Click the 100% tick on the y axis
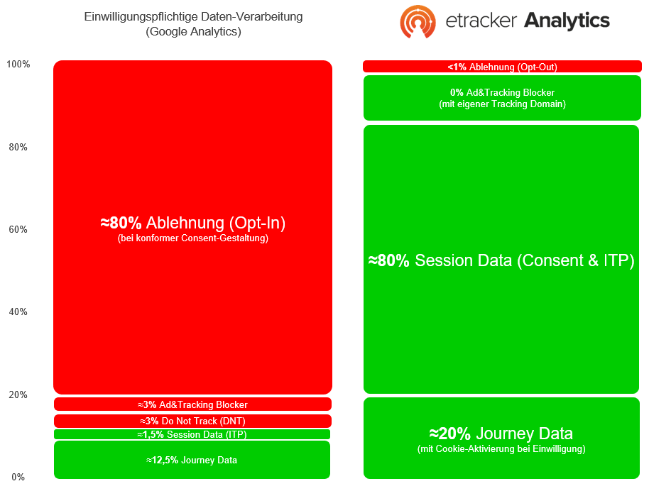click(x=18, y=64)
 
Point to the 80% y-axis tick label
click(x=18, y=147)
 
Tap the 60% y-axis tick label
click(x=18, y=229)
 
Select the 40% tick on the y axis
click(x=18, y=311)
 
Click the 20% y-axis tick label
click(x=18, y=395)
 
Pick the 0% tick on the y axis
click(x=18, y=477)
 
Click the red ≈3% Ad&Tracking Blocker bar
click(x=192, y=404)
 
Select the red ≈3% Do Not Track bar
click(x=192, y=421)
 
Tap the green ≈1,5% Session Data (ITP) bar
click(x=192, y=434)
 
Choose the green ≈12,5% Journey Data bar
click(x=192, y=460)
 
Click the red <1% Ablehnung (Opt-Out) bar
click(x=502, y=67)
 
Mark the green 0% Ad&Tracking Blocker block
click(x=502, y=98)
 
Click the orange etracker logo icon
click(x=418, y=21)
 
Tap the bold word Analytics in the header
click(x=567, y=21)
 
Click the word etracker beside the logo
click(x=481, y=21)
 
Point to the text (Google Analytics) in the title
click(x=193, y=31)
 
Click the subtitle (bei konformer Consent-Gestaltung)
click(x=193, y=238)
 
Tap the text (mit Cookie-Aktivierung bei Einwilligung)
click(x=501, y=449)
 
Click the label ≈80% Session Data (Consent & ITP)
click(x=501, y=260)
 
